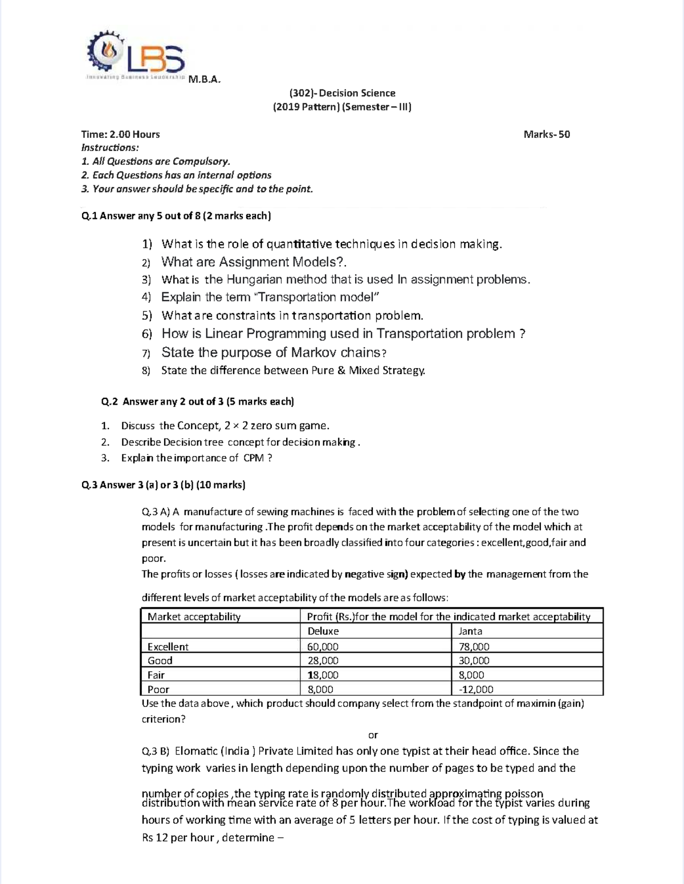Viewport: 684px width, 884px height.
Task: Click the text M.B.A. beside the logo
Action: [x=204, y=79]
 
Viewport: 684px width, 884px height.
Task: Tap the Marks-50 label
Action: [x=547, y=135]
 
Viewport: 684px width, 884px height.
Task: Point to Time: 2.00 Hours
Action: [x=120, y=135]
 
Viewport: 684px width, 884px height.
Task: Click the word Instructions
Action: [x=110, y=148]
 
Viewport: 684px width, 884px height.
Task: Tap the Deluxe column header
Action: [x=323, y=631]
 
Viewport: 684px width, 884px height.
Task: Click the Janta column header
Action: [x=470, y=631]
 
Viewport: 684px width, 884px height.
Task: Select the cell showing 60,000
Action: [x=323, y=646]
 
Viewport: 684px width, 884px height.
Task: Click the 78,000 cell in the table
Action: [x=474, y=646]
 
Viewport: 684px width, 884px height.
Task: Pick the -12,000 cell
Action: [x=476, y=689]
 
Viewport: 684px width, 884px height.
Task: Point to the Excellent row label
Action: [x=168, y=646]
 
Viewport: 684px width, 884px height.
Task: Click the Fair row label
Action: [x=156, y=675]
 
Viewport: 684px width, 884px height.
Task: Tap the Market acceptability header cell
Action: [x=194, y=616]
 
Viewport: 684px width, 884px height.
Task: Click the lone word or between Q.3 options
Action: [x=373, y=735]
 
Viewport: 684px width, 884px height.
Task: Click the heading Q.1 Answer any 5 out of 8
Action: [x=176, y=215]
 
